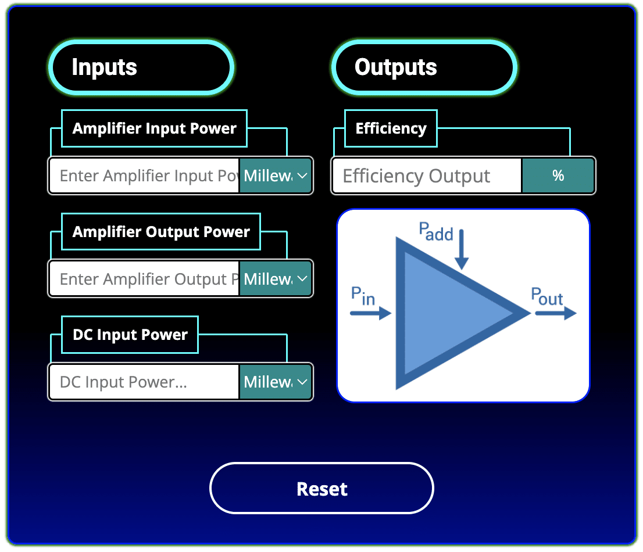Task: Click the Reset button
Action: click(x=321, y=488)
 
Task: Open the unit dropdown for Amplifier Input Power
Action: click(x=276, y=175)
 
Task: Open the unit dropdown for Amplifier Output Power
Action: click(x=276, y=279)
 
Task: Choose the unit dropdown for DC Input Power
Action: click(x=276, y=382)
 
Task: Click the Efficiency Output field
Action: click(x=427, y=175)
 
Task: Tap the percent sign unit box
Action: click(x=558, y=175)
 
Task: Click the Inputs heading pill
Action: click(x=141, y=67)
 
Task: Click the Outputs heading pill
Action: click(x=424, y=67)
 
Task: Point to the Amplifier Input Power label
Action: click(x=154, y=128)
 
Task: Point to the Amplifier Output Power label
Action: click(x=161, y=232)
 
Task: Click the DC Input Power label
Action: click(x=130, y=335)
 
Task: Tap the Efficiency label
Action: click(x=391, y=128)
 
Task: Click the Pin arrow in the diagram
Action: click(x=371, y=314)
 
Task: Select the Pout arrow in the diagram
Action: click(x=555, y=314)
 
